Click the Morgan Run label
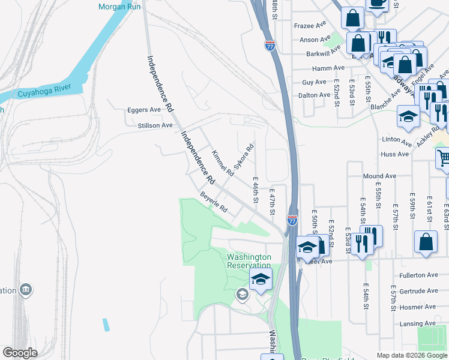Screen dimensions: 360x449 tap(119, 7)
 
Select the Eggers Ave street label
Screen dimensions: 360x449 tap(144, 110)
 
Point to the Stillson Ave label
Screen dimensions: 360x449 tap(155, 125)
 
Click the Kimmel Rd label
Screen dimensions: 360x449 tap(222, 163)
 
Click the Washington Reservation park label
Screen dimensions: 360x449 tap(249, 261)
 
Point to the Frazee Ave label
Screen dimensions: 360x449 tap(310, 26)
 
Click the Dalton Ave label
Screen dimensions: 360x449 tap(315, 95)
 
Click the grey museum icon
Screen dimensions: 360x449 tap(26, 290)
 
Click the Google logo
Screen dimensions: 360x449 tap(20, 353)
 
